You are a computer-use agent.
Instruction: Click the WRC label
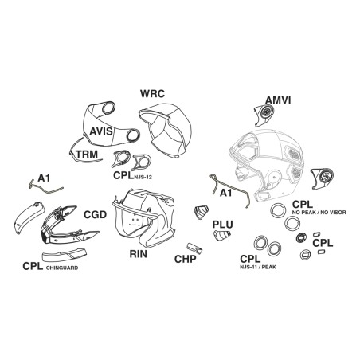[152, 93]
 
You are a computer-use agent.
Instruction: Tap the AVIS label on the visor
[101, 131]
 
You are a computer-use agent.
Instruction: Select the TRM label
[87, 155]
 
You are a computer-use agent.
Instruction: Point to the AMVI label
[278, 100]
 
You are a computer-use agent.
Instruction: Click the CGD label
[95, 215]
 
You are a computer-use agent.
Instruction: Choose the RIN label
[138, 254]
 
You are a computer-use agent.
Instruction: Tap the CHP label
[186, 259]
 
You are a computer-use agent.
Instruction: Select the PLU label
[222, 225]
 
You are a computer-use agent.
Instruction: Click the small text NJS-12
[143, 178]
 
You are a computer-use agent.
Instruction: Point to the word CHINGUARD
[62, 268]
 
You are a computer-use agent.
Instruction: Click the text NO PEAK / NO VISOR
[319, 213]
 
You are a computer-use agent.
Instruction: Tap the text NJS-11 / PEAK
[258, 267]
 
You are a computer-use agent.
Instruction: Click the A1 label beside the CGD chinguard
[44, 178]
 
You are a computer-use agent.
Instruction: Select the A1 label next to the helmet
[226, 193]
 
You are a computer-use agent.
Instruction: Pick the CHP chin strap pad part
[194, 248]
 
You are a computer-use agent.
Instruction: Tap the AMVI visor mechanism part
[264, 115]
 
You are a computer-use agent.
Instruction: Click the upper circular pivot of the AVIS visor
[108, 108]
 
